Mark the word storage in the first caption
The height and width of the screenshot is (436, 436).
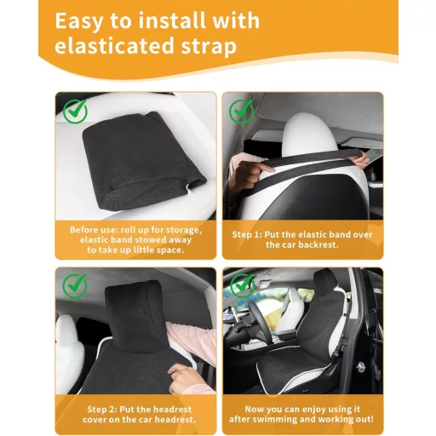click(x=184, y=229)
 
